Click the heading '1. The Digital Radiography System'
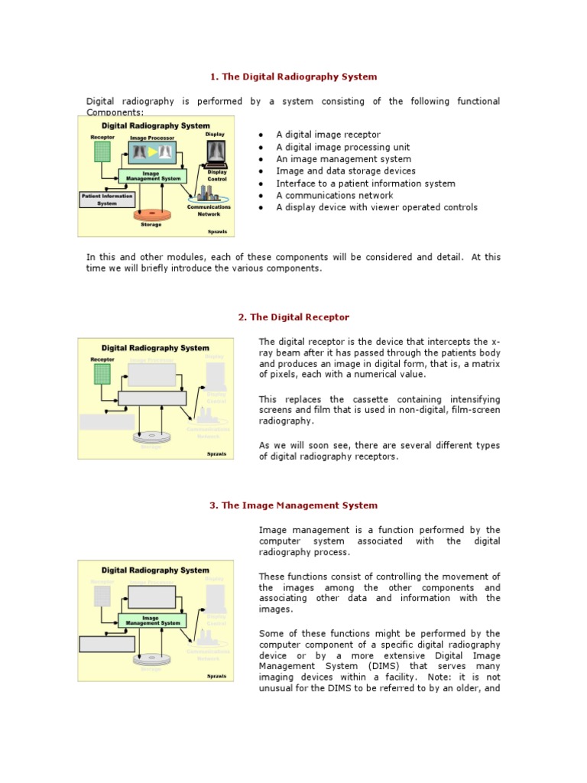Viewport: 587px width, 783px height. pos(294,76)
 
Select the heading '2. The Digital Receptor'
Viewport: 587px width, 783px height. pos(293,317)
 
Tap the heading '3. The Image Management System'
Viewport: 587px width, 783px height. pos(293,505)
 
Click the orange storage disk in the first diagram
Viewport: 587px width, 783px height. pos(151,215)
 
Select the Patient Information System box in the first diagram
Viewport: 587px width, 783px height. pos(107,199)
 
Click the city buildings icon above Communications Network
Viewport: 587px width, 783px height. pos(208,194)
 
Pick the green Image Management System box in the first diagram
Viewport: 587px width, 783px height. pos(153,176)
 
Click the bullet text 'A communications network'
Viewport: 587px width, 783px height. pos(335,195)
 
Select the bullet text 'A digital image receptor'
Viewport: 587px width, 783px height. pos(328,135)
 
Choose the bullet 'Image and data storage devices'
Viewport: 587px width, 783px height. pos(345,171)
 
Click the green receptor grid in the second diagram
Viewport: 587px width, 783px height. pos(102,373)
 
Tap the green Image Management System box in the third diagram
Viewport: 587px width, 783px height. pos(153,620)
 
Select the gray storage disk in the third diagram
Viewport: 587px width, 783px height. pos(151,658)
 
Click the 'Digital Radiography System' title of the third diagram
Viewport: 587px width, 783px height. pos(155,570)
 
